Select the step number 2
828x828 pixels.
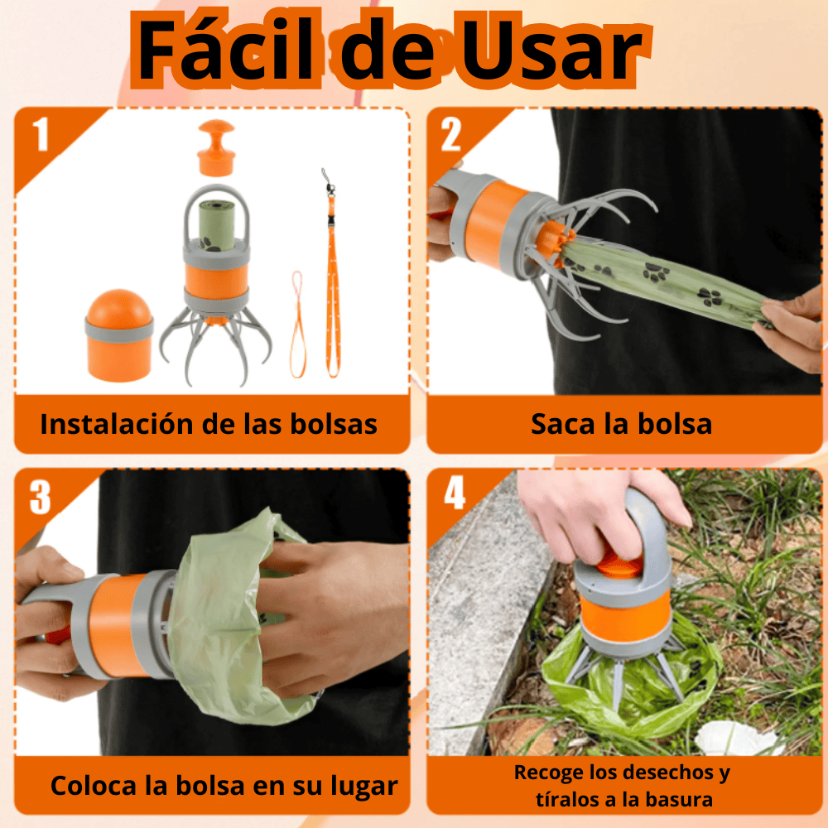click(x=450, y=135)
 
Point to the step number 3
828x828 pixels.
click(x=40, y=497)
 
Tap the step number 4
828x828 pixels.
click(x=455, y=492)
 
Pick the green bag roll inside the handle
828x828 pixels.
click(x=216, y=225)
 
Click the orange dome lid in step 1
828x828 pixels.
click(x=119, y=335)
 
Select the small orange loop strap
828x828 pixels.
click(x=297, y=325)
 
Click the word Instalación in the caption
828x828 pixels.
click(x=117, y=424)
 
